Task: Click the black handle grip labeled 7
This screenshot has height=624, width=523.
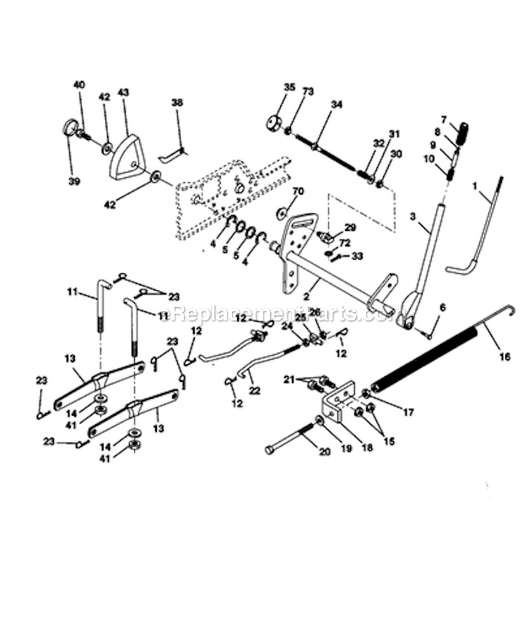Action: coord(462,132)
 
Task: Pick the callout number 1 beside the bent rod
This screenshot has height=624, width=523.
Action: coord(475,184)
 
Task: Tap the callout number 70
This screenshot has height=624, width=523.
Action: coord(298,191)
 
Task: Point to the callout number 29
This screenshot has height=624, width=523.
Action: coord(350,229)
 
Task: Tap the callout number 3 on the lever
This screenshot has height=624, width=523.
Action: coord(413,218)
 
